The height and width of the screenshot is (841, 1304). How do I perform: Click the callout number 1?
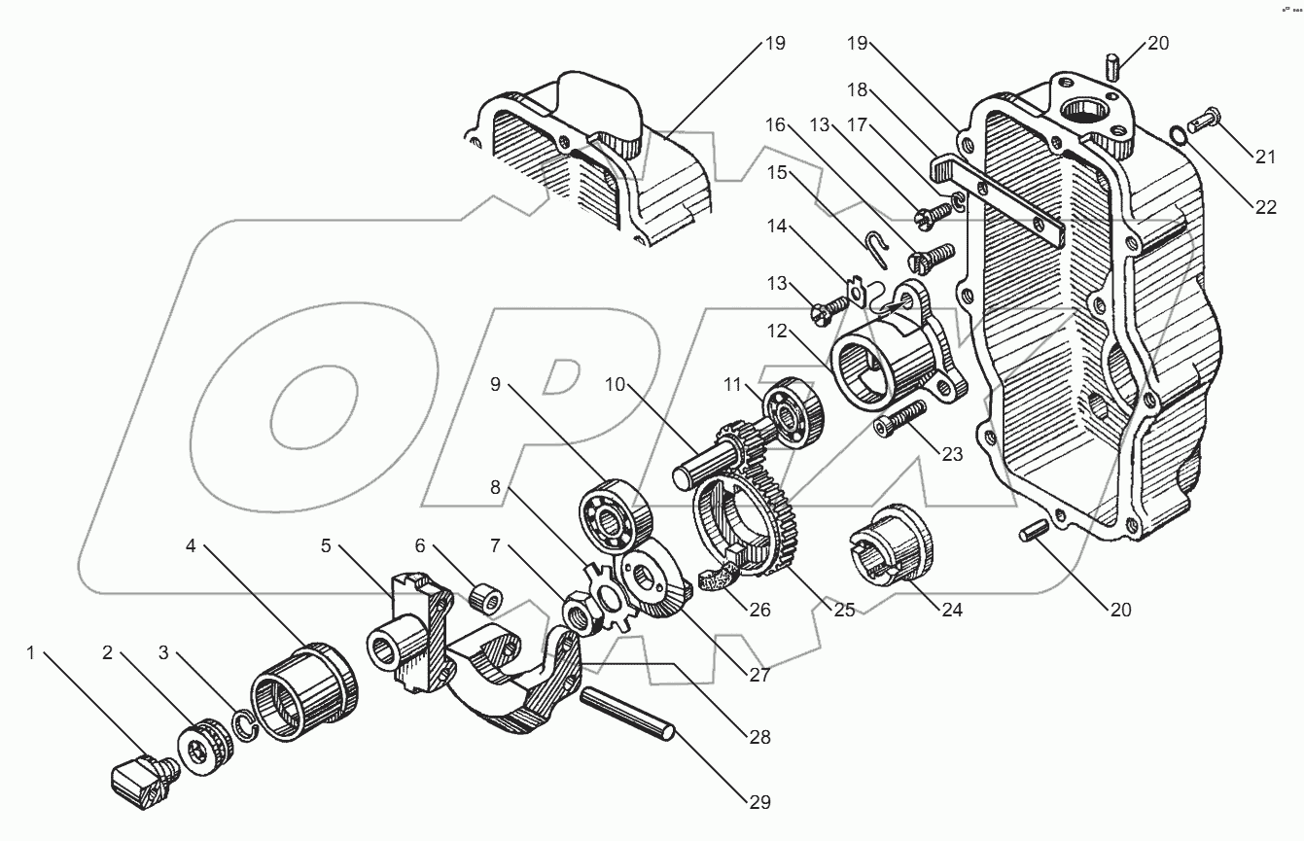[x=31, y=653]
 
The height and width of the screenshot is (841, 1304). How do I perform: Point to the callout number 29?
[x=758, y=802]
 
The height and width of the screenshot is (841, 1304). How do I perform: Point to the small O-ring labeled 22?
[x=1177, y=135]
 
